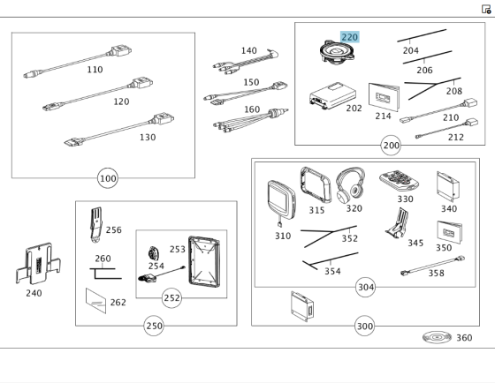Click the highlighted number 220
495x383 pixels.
click(349, 37)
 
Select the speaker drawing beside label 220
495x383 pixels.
click(337, 51)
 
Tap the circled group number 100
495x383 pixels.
click(108, 178)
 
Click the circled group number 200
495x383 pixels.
click(391, 146)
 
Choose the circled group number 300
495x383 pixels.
click(364, 326)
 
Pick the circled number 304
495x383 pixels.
click(366, 287)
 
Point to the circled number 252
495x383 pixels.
click(171, 298)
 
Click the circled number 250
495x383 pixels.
click(154, 326)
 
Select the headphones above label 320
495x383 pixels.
click(350, 185)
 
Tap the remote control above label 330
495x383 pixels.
click(399, 181)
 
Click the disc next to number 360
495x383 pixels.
click(437, 337)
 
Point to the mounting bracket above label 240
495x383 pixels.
click(38, 263)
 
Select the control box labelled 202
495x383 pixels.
click(332, 96)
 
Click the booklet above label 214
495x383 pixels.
click(384, 97)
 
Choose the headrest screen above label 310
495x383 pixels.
click(282, 199)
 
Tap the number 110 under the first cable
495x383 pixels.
click(95, 70)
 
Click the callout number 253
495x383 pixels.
click(177, 250)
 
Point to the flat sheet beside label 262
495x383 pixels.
click(96, 301)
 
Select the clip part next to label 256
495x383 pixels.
click(96, 225)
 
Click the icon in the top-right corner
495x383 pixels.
click(486, 9)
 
